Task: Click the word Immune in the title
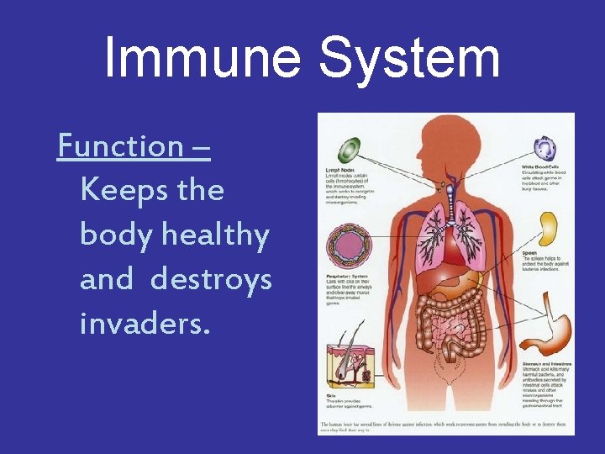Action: click(203, 59)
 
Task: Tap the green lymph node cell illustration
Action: click(348, 151)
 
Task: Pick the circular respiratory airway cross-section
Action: click(347, 245)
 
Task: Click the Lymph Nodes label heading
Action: click(341, 170)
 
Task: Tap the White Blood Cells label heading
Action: click(543, 166)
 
